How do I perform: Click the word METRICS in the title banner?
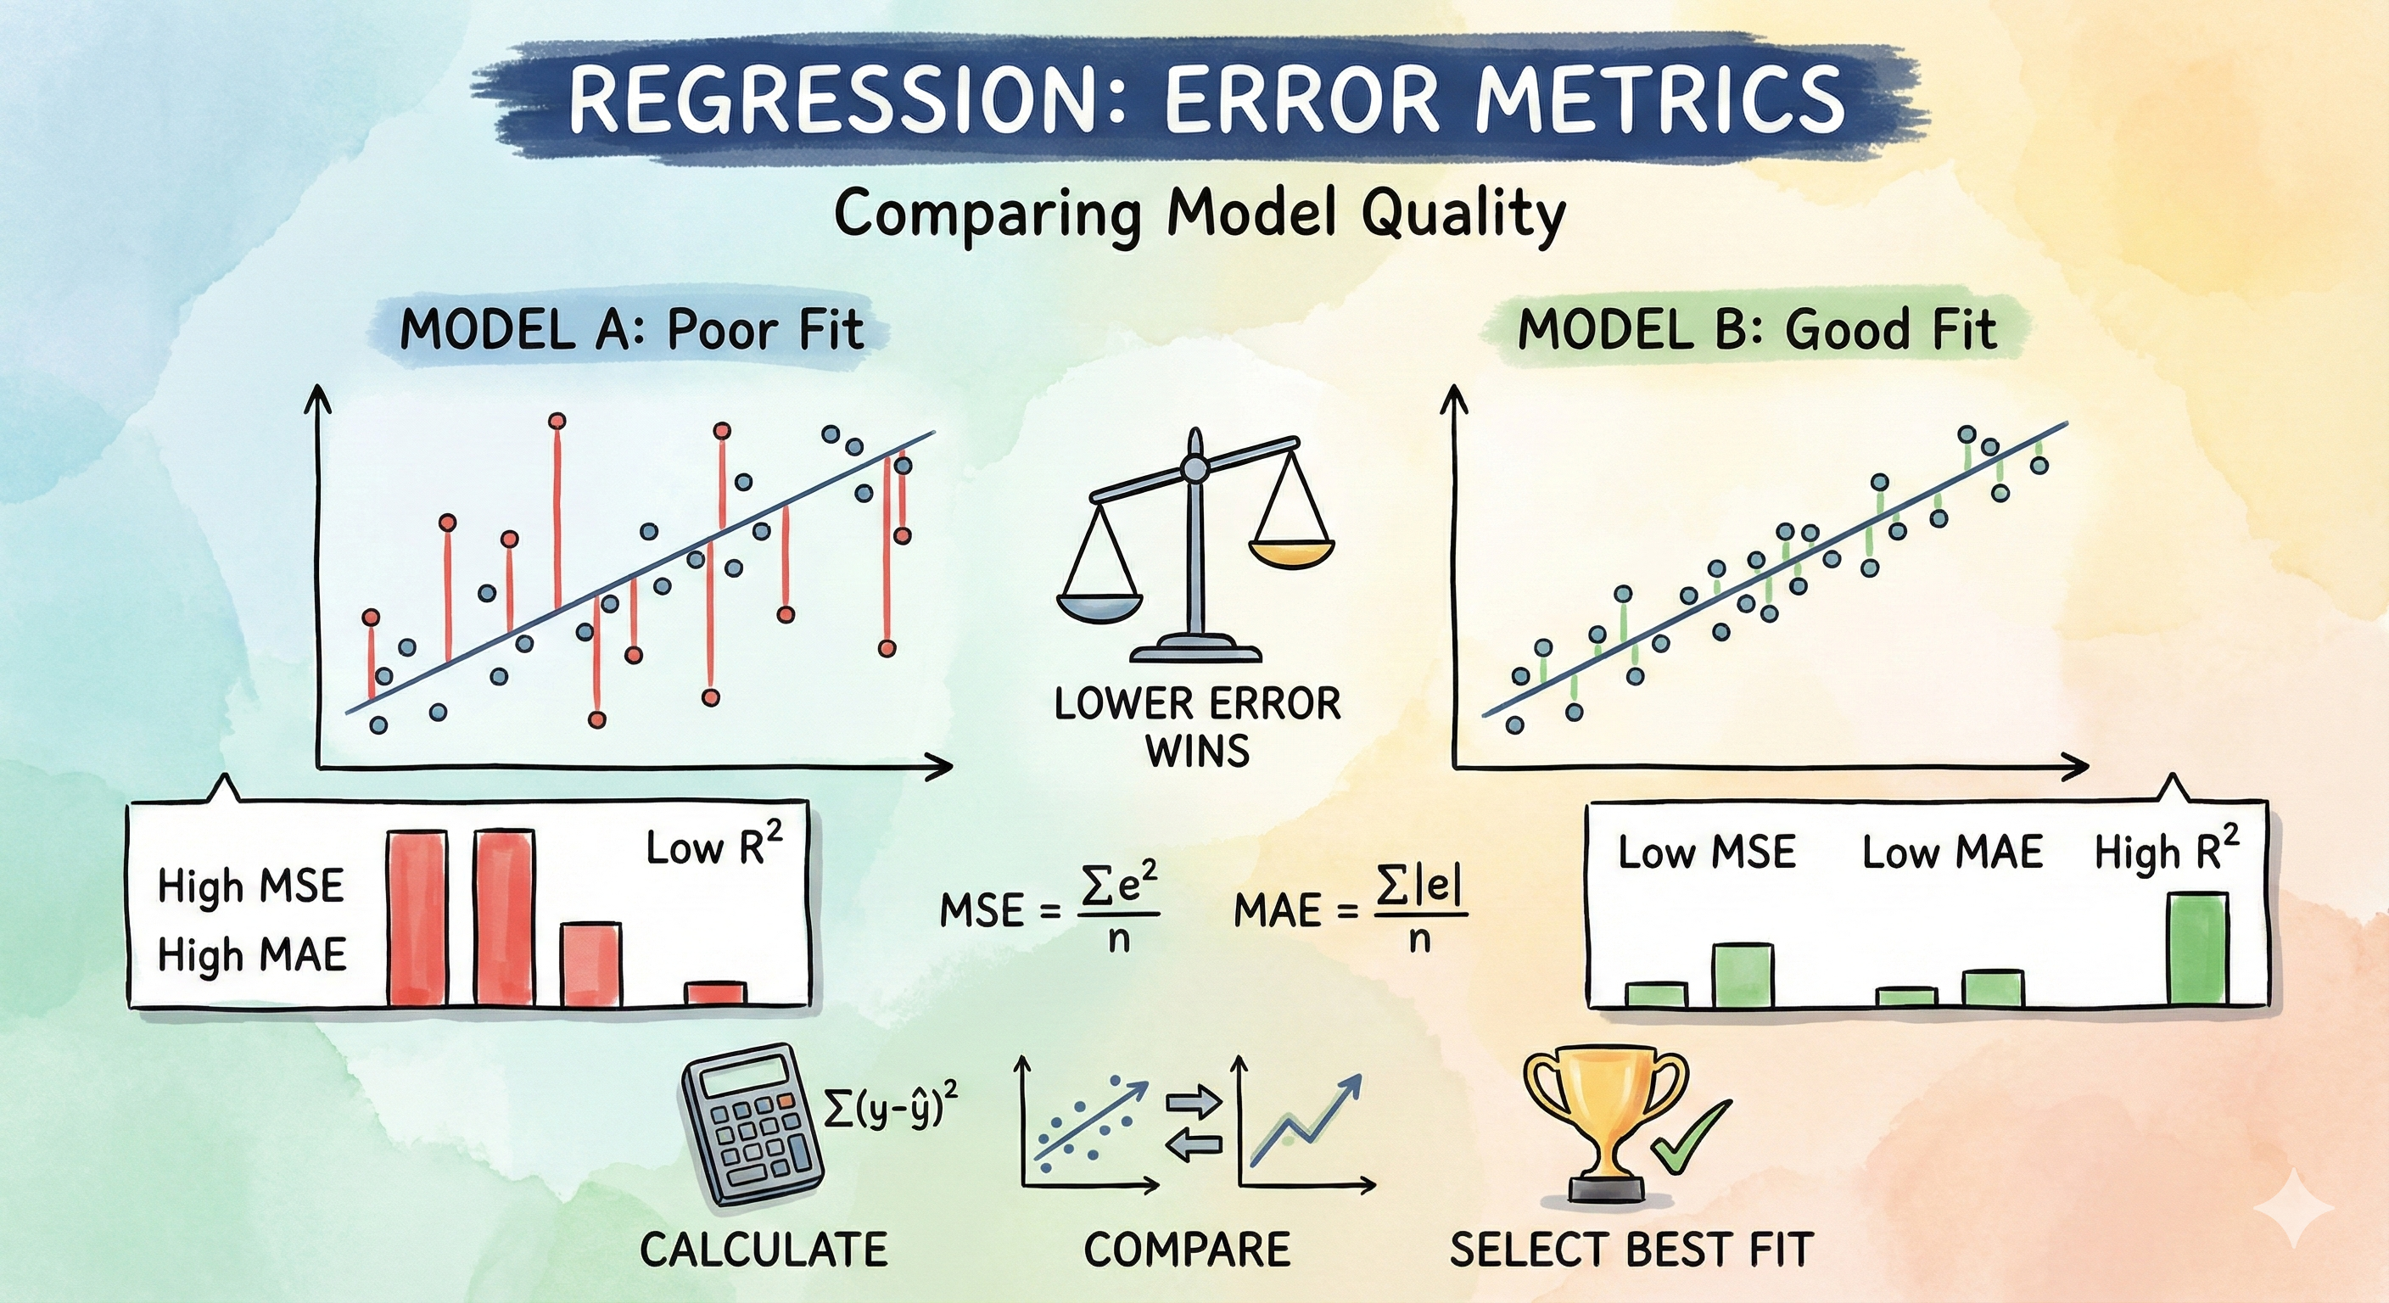[1660, 98]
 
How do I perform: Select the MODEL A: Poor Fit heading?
[630, 330]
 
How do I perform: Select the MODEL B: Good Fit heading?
[1756, 330]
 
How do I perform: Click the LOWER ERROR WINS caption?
[1197, 727]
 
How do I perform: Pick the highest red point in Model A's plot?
[557, 422]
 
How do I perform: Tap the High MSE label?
[250, 886]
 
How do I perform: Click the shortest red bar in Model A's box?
[715, 993]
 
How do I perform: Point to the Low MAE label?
[1952, 853]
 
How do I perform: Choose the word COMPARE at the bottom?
[1187, 1250]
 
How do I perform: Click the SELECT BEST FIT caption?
[1631, 1250]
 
